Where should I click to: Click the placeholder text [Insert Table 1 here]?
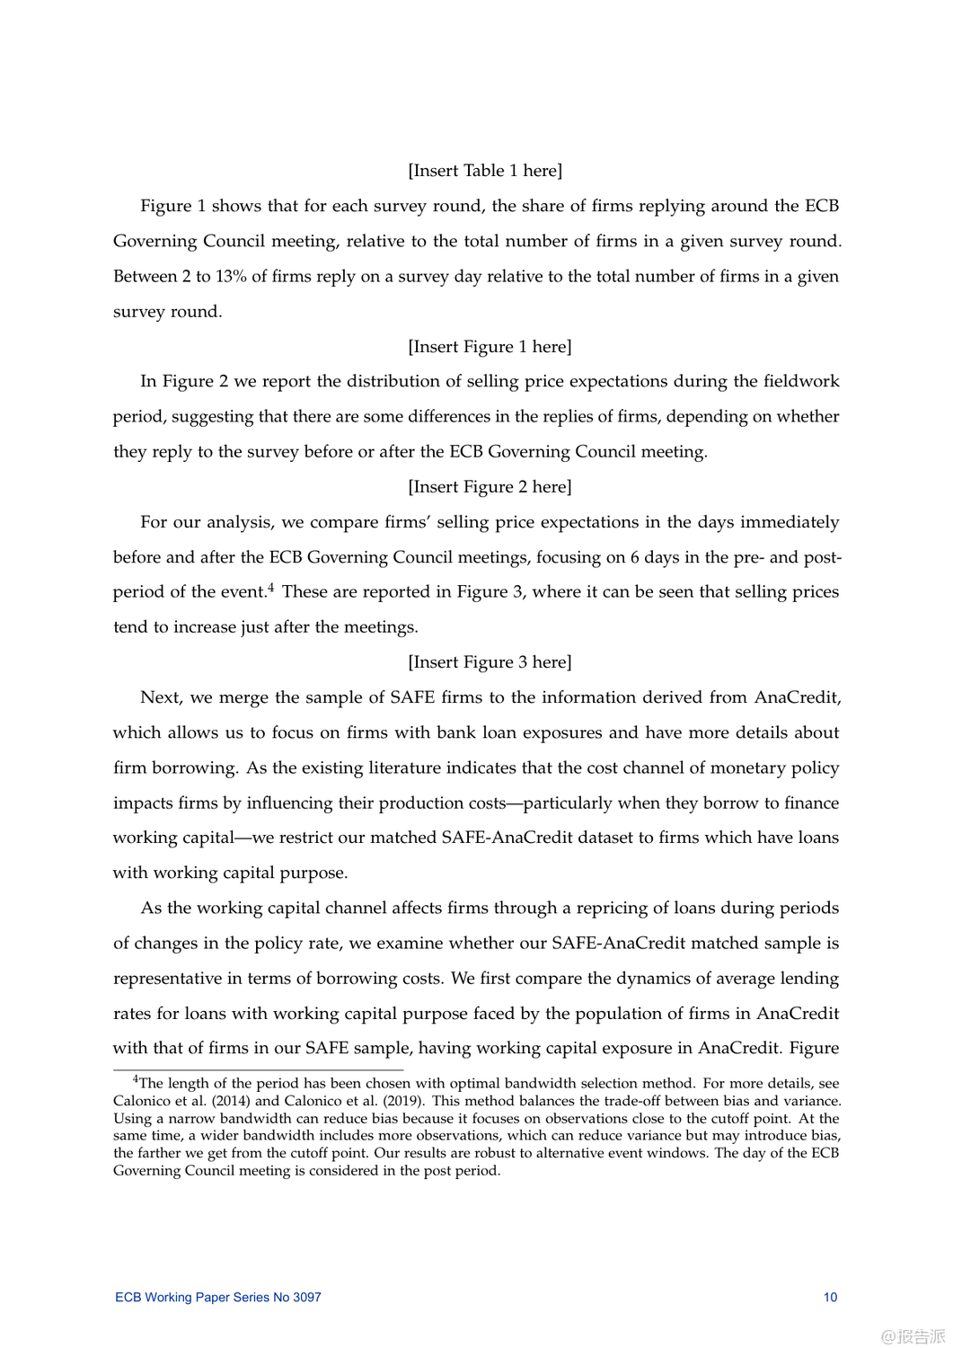(x=485, y=171)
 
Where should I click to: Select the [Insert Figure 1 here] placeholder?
(x=490, y=347)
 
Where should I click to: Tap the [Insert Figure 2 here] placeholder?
(x=490, y=487)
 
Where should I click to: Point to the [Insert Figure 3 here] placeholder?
(x=490, y=662)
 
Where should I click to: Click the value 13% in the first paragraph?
(x=231, y=277)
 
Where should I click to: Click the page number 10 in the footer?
(x=830, y=1297)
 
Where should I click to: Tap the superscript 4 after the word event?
(x=270, y=588)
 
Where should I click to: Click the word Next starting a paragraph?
(x=161, y=697)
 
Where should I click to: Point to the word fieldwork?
(x=801, y=381)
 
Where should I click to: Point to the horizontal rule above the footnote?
(x=258, y=1070)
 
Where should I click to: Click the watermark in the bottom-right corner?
(x=913, y=1335)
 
